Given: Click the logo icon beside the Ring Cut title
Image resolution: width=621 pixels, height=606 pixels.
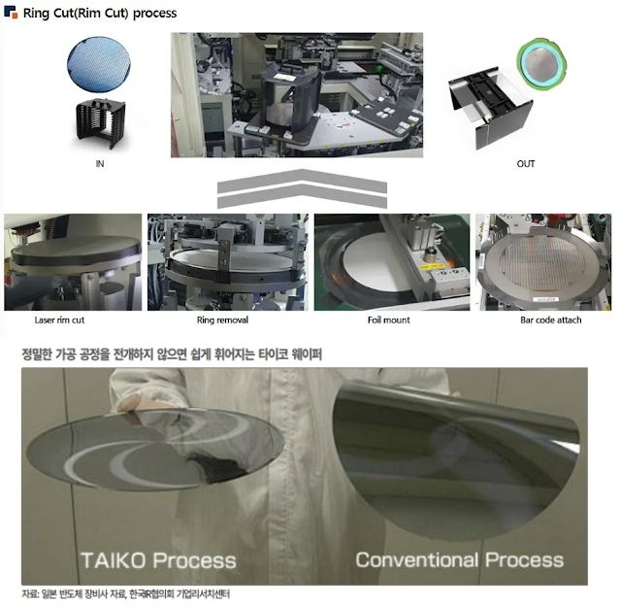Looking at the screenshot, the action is pos(11,12).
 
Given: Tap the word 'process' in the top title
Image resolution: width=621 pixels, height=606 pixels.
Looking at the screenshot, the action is pos(155,13).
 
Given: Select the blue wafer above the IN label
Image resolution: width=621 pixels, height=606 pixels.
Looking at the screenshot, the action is pos(99,63).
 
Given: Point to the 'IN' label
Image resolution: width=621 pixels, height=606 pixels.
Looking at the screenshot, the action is pos(100,164).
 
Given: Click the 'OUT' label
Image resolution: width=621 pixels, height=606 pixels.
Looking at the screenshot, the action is pos(526,164).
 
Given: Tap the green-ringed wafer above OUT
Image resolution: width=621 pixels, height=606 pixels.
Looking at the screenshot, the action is pos(541,64).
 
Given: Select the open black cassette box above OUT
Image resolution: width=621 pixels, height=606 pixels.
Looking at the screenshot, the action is pos(490,107).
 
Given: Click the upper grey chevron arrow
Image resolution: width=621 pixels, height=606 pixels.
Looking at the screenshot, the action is pos(302,181).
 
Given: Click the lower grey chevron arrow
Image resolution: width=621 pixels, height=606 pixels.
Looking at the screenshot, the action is pos(302,196).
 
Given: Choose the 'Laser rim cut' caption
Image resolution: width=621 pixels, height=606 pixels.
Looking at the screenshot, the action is pos(59,320).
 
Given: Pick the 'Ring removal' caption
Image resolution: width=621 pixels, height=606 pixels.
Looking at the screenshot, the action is pos(222,320).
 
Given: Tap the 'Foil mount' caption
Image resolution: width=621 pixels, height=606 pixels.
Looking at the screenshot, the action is pos(388,320).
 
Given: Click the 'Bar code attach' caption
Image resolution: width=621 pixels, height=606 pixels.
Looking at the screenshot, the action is pos(551,320).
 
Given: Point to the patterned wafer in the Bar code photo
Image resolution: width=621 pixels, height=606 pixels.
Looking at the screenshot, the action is pos(542,262).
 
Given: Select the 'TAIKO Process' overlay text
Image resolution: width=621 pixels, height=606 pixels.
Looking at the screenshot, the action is pos(158,560).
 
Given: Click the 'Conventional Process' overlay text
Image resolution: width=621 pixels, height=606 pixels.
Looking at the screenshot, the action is pos(459,560).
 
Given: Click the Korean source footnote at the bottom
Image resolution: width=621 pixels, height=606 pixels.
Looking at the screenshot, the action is pos(125,594).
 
